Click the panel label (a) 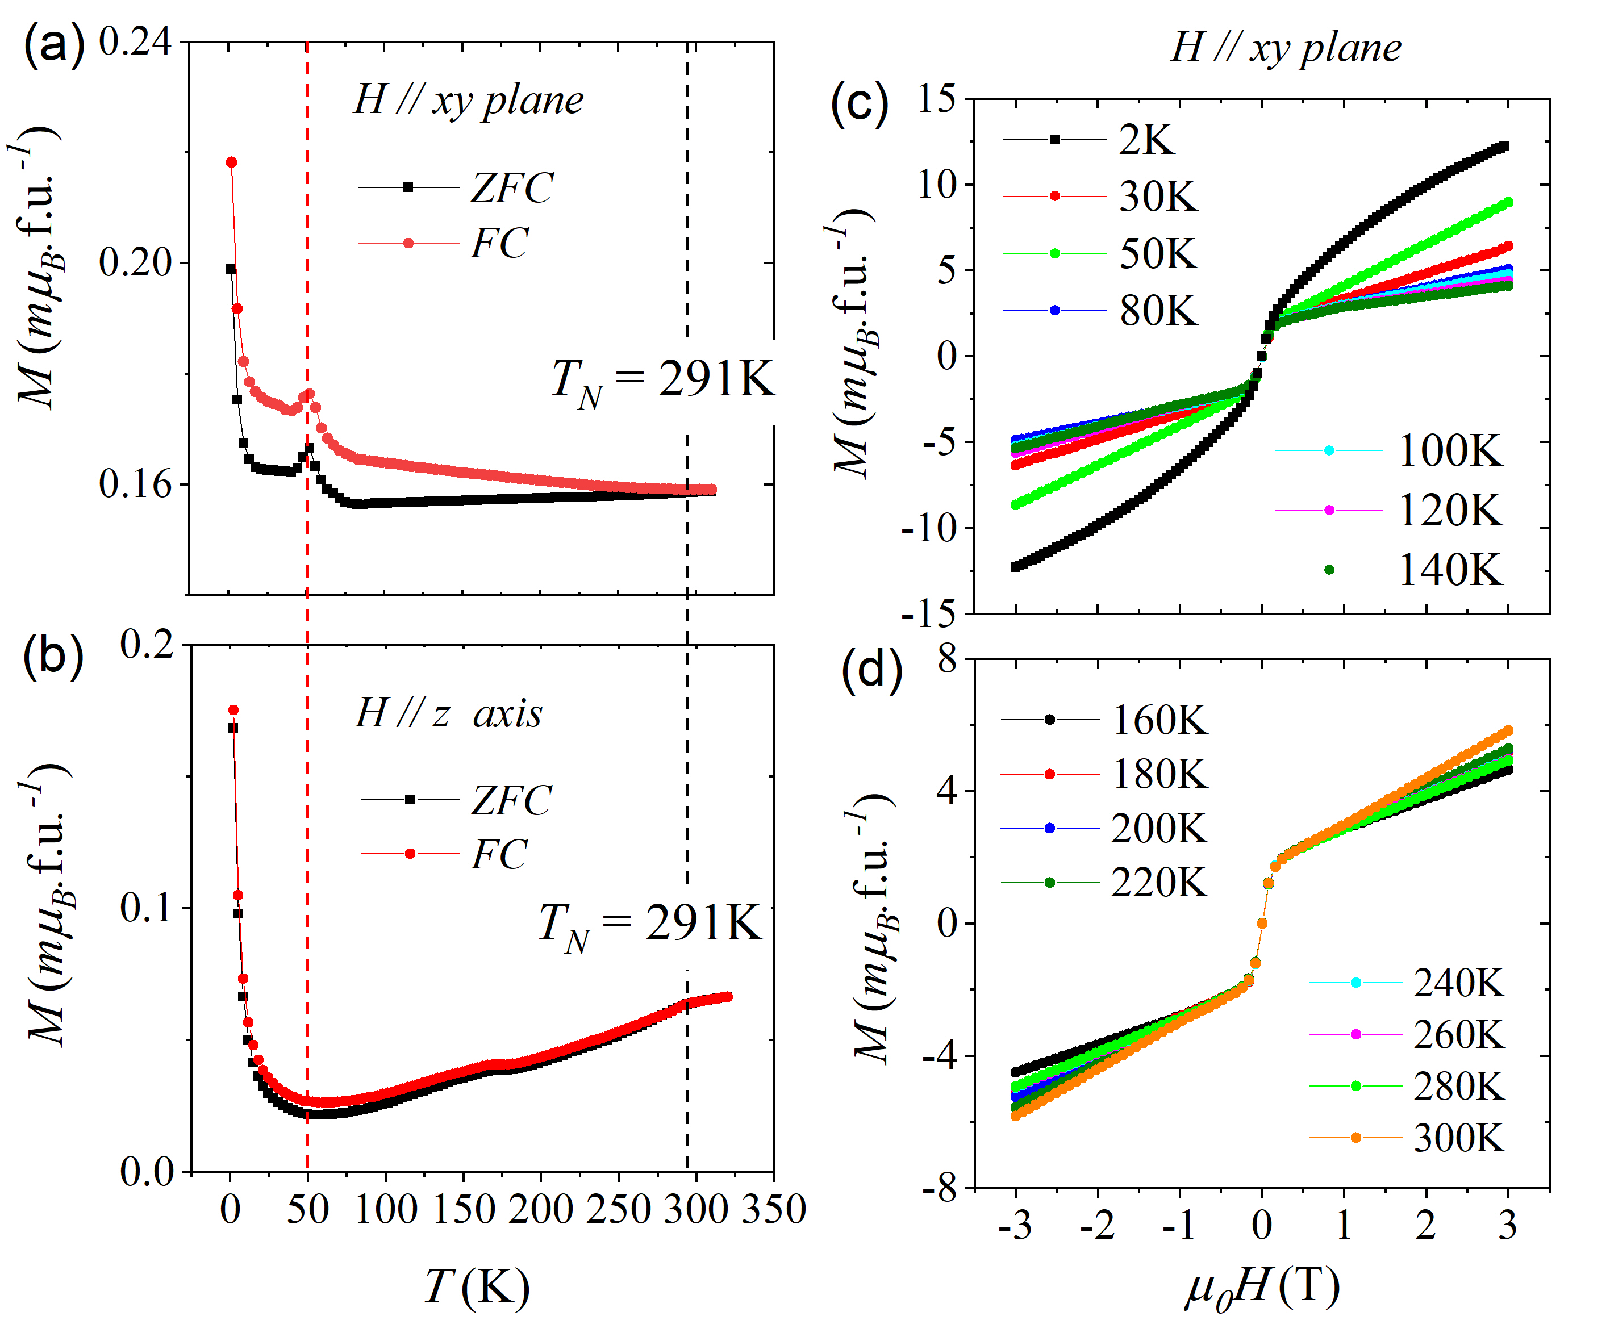point(53,46)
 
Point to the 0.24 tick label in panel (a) point(135,41)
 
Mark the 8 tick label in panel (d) point(948,658)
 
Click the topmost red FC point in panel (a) point(231,162)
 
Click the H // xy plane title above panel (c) point(1286,48)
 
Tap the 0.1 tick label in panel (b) point(145,908)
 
